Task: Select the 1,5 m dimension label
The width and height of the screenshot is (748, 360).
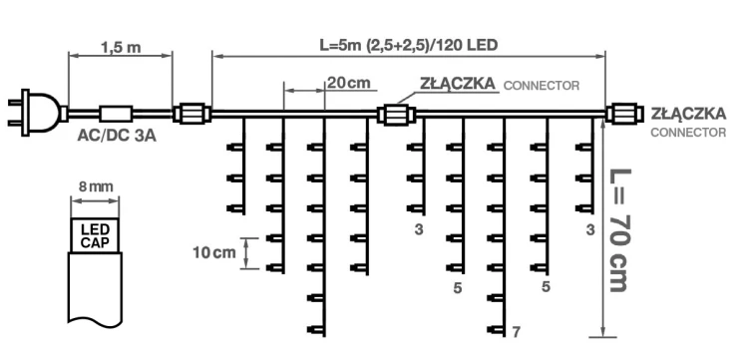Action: click(120, 46)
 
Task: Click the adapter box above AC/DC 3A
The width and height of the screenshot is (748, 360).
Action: click(115, 112)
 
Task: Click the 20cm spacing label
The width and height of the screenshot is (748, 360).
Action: click(348, 84)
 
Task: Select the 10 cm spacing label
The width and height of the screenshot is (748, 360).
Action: click(214, 252)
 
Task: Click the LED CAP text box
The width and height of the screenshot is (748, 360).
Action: click(95, 234)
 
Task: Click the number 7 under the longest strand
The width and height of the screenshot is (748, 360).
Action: click(516, 330)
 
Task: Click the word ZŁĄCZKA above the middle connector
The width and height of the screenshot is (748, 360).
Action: click(455, 86)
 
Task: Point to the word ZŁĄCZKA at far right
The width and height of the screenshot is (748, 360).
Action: click(687, 115)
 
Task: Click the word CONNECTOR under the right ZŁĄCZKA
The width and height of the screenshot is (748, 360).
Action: click(688, 132)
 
